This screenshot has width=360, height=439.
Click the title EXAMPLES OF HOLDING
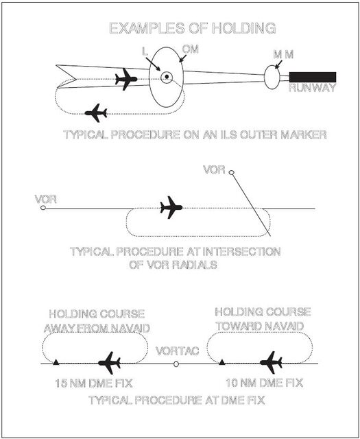pyautogui.click(x=193, y=28)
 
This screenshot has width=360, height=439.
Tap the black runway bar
pyautogui.click(x=313, y=76)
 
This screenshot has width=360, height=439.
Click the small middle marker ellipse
pyautogui.click(x=272, y=78)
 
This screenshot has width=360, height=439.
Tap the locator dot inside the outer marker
pyautogui.click(x=166, y=77)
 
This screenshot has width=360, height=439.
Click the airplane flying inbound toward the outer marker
pyautogui.click(x=125, y=80)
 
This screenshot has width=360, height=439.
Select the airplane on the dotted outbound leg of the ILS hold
pyautogui.click(x=95, y=112)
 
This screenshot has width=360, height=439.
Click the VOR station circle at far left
pyautogui.click(x=43, y=208)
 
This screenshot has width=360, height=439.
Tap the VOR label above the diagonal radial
pyautogui.click(x=214, y=169)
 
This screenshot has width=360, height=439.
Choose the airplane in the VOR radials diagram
pyautogui.click(x=171, y=206)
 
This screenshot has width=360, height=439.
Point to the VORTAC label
pyautogui.click(x=177, y=351)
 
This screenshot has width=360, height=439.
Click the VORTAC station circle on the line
pyautogui.click(x=176, y=364)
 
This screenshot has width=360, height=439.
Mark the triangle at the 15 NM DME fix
pyautogui.click(x=57, y=361)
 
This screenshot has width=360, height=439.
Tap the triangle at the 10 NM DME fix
pyautogui.click(x=221, y=361)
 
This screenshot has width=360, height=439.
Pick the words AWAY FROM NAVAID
pyautogui.click(x=95, y=327)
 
